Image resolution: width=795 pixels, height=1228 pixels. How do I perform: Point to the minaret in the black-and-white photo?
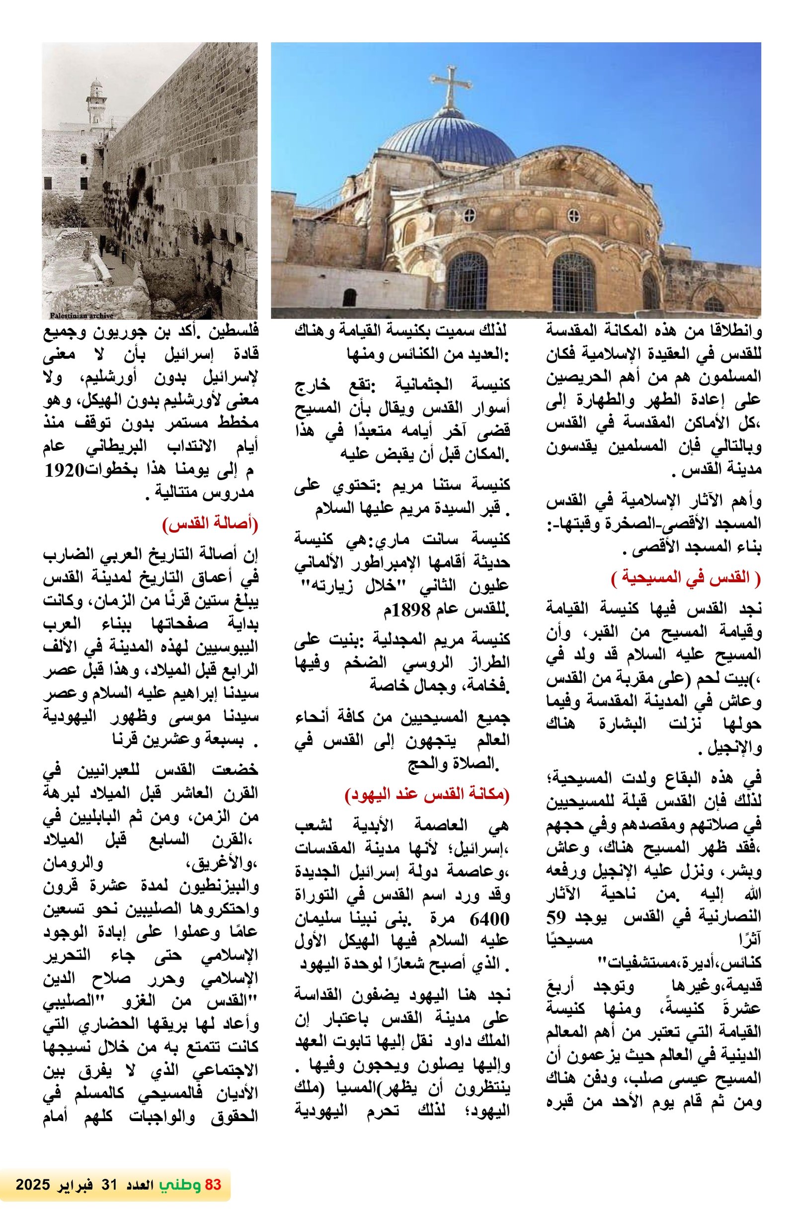tap(95, 103)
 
